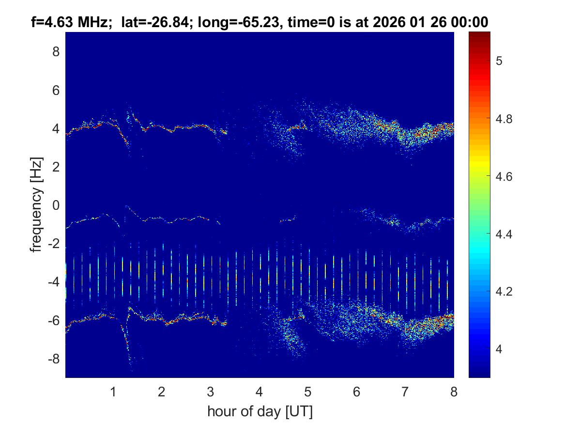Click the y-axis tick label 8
coord(56,51)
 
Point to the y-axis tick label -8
coord(53,359)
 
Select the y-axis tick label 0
coord(56,205)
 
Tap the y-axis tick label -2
coord(53,244)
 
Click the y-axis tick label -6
coord(53,321)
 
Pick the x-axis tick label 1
coord(113,392)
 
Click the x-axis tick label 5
coord(308,392)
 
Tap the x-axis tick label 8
coord(454,392)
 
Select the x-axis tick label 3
coord(211,392)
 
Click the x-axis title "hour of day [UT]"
coord(260,412)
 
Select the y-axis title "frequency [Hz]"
coord(36,204)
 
